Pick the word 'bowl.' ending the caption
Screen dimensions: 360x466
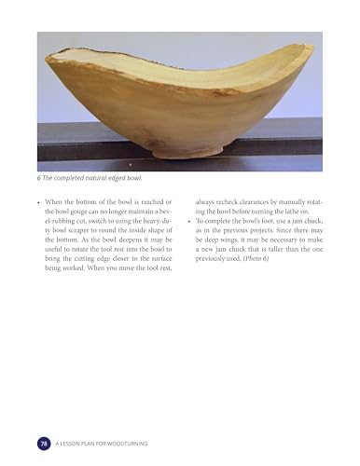(139, 179)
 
